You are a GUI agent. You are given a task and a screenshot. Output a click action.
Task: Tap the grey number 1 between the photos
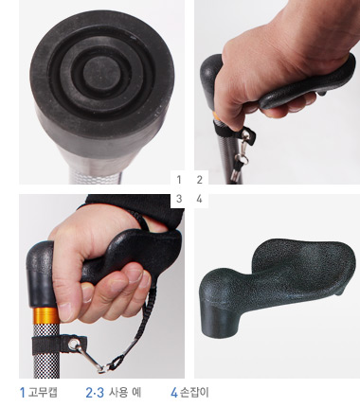pyautogui.click(x=179, y=180)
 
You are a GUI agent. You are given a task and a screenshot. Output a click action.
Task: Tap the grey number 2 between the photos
pyautogui.click(x=199, y=180)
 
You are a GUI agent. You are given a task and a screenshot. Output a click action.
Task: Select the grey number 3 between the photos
pyautogui.click(x=179, y=199)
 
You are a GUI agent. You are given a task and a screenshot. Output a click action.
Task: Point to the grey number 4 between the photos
pyautogui.click(x=199, y=199)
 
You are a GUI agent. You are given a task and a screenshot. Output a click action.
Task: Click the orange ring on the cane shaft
pyautogui.click(x=45, y=314)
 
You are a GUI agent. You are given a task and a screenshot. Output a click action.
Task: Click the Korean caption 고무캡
pyautogui.click(x=43, y=392)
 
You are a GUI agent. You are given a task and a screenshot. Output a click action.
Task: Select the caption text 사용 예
pyautogui.click(x=125, y=392)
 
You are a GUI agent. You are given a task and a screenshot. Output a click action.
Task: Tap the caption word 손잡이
pyautogui.click(x=194, y=392)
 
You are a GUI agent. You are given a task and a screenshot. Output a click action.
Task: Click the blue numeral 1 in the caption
pyautogui.click(x=22, y=393)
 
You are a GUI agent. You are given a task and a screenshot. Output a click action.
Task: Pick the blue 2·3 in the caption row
pyautogui.click(x=95, y=393)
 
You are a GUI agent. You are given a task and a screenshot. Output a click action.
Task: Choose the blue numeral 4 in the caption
pyautogui.click(x=174, y=393)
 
